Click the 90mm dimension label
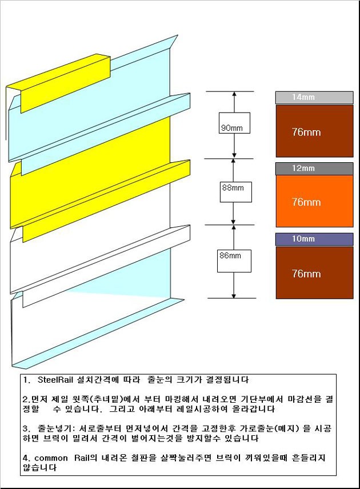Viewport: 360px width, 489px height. [232, 127]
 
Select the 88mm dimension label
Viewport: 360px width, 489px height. [233, 188]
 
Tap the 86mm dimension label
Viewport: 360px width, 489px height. [230, 256]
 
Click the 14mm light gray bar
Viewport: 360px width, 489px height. [314, 98]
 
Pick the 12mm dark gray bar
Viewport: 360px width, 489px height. [314, 169]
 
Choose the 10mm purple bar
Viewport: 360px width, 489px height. [314, 239]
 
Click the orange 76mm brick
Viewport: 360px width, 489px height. [314, 201]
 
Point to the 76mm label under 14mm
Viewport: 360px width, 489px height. [306, 132]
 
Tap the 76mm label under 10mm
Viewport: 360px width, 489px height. [306, 274]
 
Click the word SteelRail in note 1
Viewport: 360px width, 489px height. [55, 380]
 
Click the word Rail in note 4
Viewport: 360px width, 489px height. [82, 458]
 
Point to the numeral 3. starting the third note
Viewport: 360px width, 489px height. [26, 429]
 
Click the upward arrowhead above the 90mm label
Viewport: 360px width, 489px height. [234, 94]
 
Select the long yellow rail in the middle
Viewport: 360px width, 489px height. [100, 193]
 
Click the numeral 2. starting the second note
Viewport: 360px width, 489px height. [26, 399]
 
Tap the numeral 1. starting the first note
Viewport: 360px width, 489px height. [26, 380]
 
